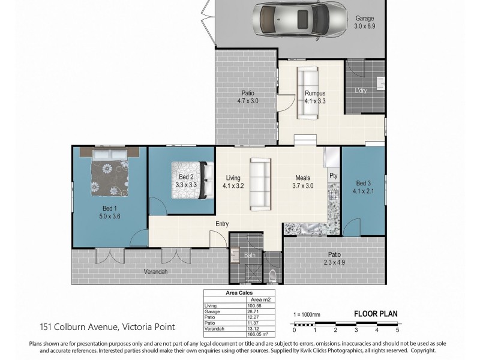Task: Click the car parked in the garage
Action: (x=299, y=19)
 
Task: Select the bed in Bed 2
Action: (x=193, y=180)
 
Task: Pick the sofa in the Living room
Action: (x=260, y=184)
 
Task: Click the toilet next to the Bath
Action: (x=274, y=275)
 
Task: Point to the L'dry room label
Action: (x=361, y=91)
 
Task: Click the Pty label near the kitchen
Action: (x=332, y=176)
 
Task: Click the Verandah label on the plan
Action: (x=156, y=271)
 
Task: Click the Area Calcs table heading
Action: (x=238, y=293)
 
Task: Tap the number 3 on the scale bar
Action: (x=356, y=330)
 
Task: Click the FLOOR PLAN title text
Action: (x=376, y=313)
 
